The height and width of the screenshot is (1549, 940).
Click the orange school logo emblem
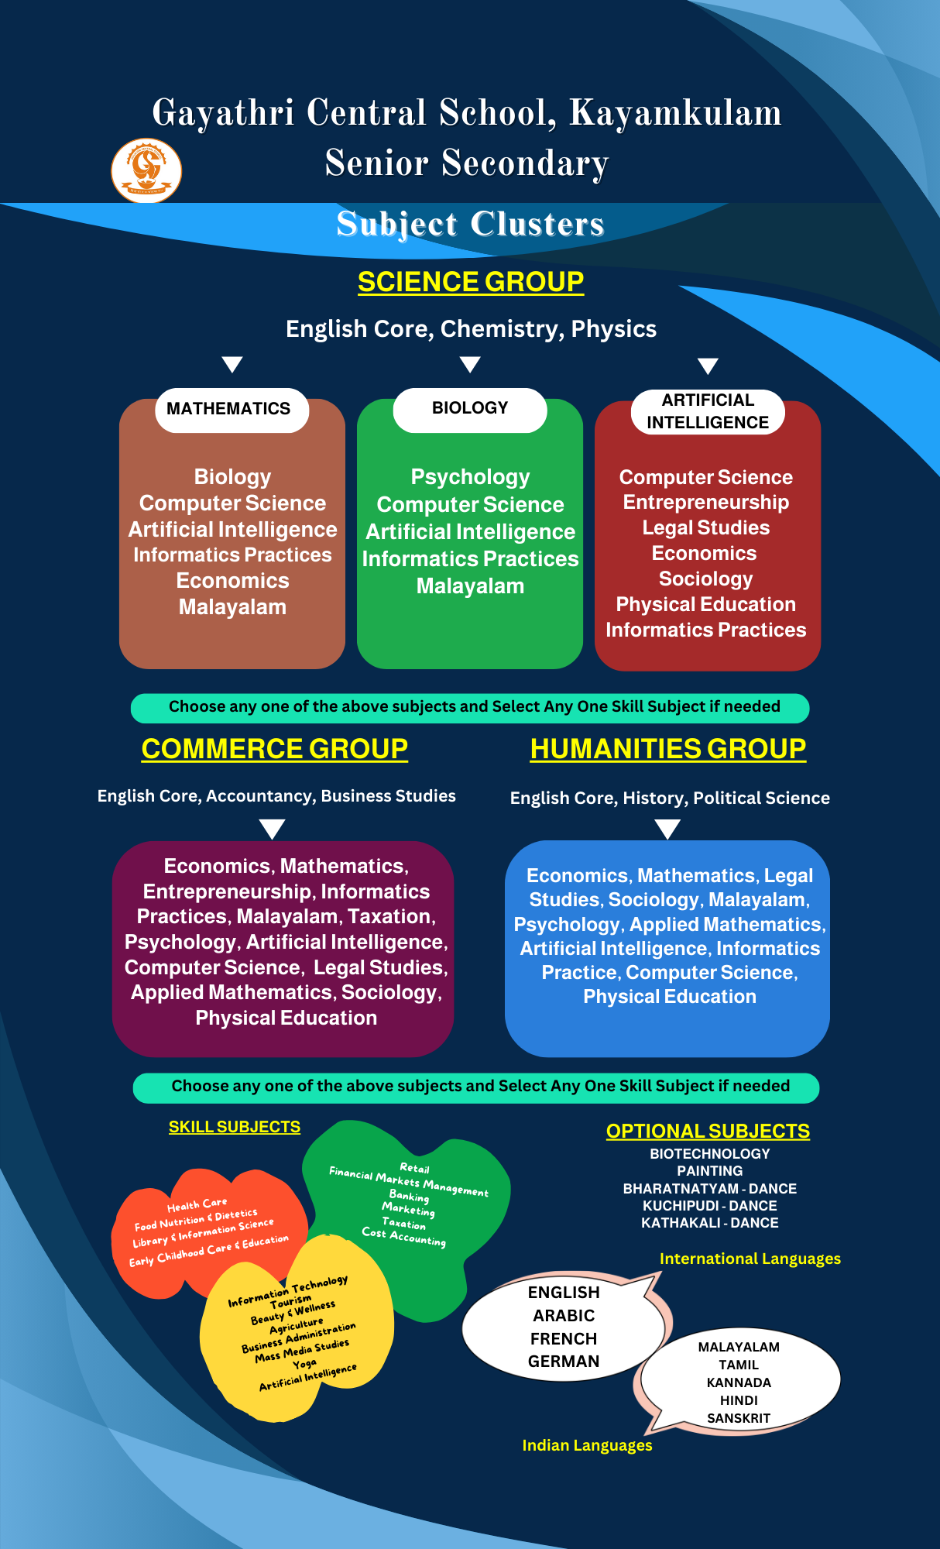pyautogui.click(x=146, y=170)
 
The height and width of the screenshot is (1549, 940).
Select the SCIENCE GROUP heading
pyautogui.click(x=471, y=282)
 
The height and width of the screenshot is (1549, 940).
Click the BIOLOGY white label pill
pyautogui.click(x=470, y=409)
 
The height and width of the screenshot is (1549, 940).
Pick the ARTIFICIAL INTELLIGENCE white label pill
pyautogui.click(x=708, y=411)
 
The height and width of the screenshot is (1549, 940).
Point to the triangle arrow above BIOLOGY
pyautogui.click(x=470, y=365)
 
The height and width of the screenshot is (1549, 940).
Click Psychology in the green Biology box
pyautogui.click(x=470, y=477)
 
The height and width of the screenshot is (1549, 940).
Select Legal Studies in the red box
pyautogui.click(x=706, y=527)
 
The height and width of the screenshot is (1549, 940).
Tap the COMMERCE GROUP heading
pyautogui.click(x=275, y=749)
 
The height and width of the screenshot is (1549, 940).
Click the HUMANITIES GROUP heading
pyautogui.click(x=668, y=749)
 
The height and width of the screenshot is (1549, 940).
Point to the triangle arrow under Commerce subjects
pyautogui.click(x=272, y=829)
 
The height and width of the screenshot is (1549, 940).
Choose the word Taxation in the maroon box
pyautogui.click(x=389, y=916)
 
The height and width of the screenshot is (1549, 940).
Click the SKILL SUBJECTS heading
pyautogui.click(x=235, y=1127)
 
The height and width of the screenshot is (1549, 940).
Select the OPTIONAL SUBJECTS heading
pyautogui.click(x=708, y=1132)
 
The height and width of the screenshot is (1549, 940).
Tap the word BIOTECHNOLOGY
pyautogui.click(x=710, y=1153)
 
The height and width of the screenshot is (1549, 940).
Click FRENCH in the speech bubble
pyautogui.click(x=564, y=1338)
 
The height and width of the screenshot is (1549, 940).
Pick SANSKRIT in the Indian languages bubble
pyautogui.click(x=739, y=1418)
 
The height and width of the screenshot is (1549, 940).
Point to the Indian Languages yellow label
pyautogui.click(x=588, y=1445)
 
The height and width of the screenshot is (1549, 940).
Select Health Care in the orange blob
pyautogui.click(x=197, y=1205)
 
